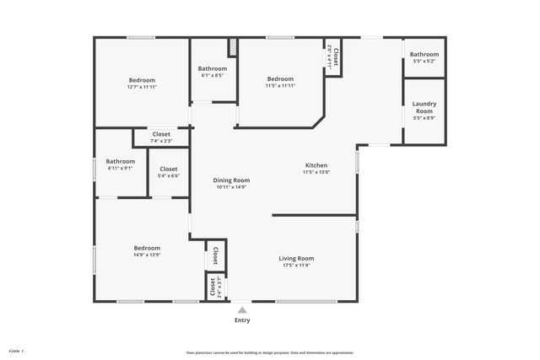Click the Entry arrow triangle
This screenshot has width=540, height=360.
point(242,309)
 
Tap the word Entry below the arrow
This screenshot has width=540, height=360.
point(242,320)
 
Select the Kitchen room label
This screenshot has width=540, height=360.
point(316,165)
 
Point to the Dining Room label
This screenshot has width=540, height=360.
point(231,180)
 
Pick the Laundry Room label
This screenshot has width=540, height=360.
point(424,108)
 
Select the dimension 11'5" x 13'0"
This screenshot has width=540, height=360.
point(316,173)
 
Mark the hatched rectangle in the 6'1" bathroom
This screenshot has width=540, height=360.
point(232,48)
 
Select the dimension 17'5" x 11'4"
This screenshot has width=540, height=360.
point(296,266)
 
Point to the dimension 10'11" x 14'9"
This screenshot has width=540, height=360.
point(231,187)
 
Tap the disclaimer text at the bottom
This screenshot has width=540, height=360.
point(269,352)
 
